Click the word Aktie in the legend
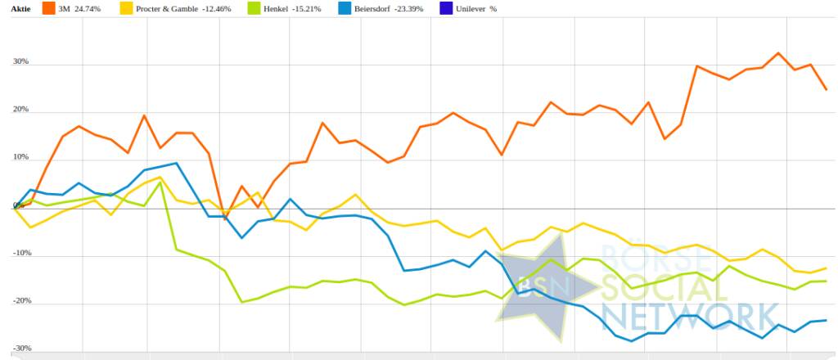(x=20, y=9)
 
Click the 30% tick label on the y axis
(x=20, y=62)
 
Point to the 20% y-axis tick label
(x=20, y=110)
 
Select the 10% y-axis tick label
(x=20, y=157)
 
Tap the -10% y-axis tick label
(x=20, y=253)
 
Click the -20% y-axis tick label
(x=20, y=301)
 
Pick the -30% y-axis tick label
(x=20, y=349)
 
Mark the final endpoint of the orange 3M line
(x=826, y=89)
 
